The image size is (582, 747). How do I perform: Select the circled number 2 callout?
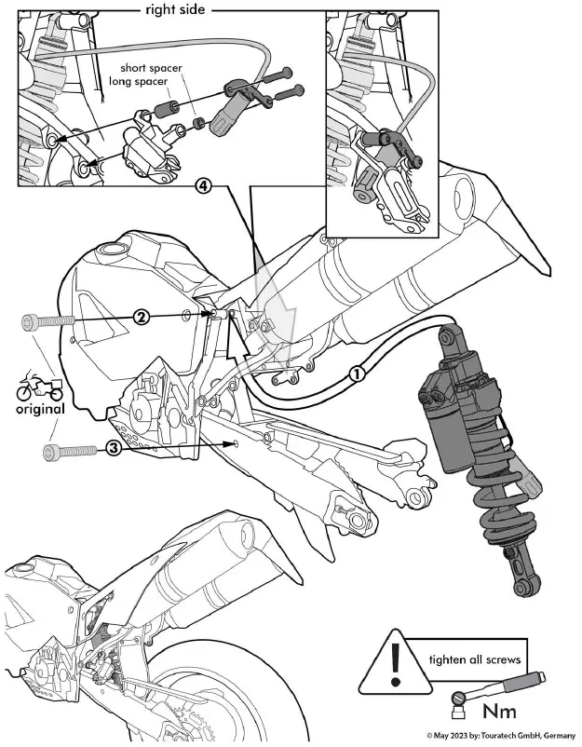[x=141, y=318]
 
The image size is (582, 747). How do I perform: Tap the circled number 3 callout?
[x=113, y=447]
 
